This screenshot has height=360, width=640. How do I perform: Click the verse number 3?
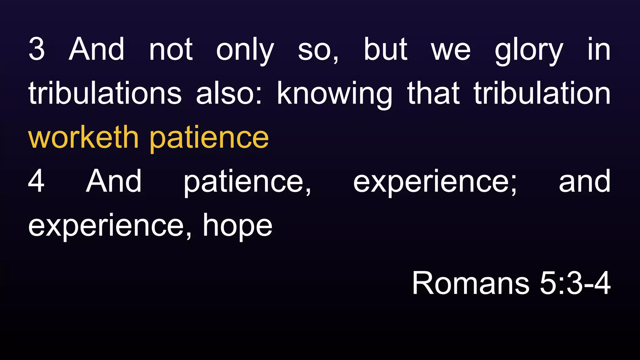point(37,49)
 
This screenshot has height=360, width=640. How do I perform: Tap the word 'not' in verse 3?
point(171,49)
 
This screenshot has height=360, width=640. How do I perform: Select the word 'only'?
point(245,50)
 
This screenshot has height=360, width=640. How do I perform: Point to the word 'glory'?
point(529,50)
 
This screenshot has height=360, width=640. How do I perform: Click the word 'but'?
point(386,49)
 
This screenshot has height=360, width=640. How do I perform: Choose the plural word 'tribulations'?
point(105,93)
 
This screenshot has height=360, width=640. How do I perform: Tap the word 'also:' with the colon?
point(229,93)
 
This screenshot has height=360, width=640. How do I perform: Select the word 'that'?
point(433,93)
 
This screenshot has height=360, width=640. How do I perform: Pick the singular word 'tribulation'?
point(542,93)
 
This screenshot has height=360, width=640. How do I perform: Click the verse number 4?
point(36,181)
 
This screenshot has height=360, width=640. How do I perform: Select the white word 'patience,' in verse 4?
point(247,182)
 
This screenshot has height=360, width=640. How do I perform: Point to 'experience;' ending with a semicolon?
point(435,182)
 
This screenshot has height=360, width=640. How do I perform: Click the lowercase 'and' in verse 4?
point(584,181)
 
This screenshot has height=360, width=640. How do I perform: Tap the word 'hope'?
point(237,226)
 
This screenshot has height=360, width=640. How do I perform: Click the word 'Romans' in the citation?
point(471,283)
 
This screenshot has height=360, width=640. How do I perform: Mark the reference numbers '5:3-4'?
point(575,283)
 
